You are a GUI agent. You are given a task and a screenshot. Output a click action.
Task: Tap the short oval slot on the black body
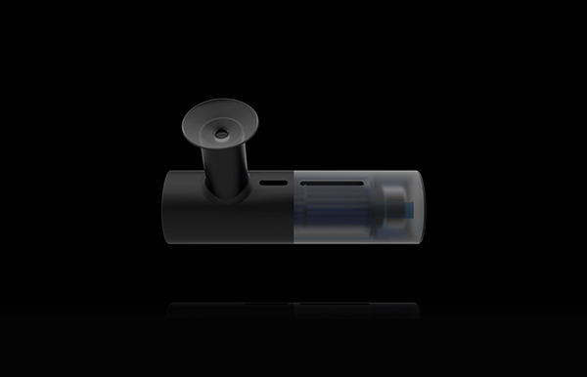tap(274, 182)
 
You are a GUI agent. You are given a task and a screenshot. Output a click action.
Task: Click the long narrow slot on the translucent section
tap(332, 183)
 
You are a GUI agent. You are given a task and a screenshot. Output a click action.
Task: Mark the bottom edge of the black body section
tap(230, 244)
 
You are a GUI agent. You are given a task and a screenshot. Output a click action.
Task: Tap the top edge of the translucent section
tap(357, 172)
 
